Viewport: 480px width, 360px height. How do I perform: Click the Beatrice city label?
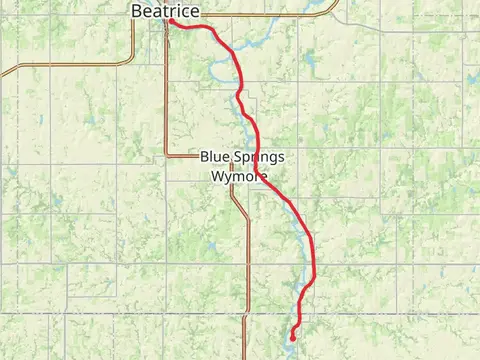click(165, 10)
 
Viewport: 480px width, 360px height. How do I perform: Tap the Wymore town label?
click(239, 176)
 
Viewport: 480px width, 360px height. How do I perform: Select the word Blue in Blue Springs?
click(216, 157)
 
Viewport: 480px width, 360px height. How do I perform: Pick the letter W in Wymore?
click(218, 176)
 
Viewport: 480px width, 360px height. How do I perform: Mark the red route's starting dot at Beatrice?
click(171, 21)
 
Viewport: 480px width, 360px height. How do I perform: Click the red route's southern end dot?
click(292, 338)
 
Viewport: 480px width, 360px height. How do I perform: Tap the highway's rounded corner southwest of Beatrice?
click(130, 62)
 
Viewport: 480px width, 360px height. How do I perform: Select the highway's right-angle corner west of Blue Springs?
click(167, 155)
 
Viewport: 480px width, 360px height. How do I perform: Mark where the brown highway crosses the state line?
click(248, 314)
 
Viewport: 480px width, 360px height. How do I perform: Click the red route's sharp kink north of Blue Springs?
click(239, 95)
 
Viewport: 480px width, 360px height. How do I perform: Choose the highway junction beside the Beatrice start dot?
click(166, 20)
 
